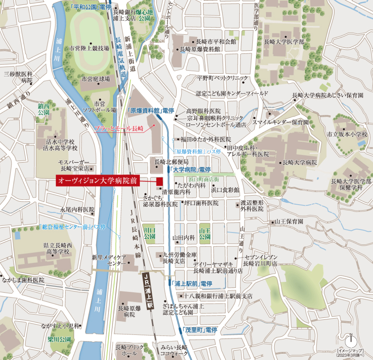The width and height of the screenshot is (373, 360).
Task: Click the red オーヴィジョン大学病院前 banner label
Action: point(98,181)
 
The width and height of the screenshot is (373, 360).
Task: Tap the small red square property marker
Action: point(159,181)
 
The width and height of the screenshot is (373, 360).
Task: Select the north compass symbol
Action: point(351,341)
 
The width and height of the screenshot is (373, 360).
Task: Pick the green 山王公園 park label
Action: point(205,233)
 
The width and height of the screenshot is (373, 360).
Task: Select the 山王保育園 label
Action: point(289,221)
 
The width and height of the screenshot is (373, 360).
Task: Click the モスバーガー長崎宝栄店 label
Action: point(74,165)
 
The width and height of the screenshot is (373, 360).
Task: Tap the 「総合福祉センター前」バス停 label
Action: point(72,227)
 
